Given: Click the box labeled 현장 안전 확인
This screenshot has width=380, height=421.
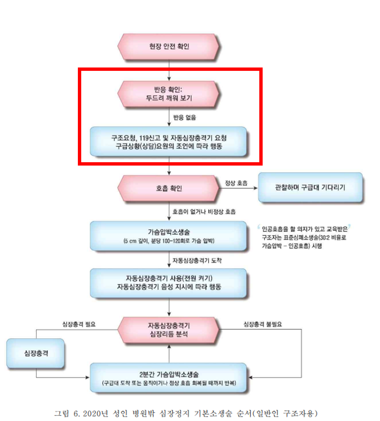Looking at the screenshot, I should tap(169, 47).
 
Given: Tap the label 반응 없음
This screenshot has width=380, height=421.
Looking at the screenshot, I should tap(185, 118).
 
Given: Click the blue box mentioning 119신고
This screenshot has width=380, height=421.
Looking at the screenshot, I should tap(169, 142).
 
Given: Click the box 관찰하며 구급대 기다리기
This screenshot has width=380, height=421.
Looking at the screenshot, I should tap(310, 188).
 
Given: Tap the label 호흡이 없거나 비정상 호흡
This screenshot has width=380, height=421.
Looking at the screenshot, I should tap(204, 211).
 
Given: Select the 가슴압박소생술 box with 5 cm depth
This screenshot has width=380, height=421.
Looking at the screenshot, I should tap(169, 236).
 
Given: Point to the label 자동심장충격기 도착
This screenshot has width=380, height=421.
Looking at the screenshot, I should tap(197, 260).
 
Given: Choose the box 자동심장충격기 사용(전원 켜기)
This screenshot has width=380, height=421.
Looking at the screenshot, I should tap(169, 283).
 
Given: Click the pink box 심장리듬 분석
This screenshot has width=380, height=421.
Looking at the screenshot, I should tap(169, 330).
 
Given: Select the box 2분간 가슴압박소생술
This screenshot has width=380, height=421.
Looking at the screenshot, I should tap(169, 378).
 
